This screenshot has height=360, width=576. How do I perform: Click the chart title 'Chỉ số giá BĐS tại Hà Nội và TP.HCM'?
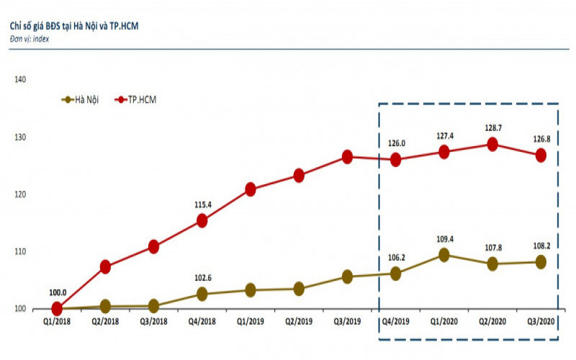tap(73, 26)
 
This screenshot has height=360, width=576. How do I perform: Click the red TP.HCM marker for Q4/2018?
tap(202, 220)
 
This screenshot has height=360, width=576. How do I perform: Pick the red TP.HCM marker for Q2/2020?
tap(492, 144)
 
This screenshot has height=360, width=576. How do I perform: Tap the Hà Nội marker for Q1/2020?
tap(444, 255)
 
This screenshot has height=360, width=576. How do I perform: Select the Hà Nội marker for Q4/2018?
tap(202, 294)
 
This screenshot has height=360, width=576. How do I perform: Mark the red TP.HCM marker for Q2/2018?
tap(105, 266)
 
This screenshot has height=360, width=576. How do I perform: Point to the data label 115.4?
tap(202, 206)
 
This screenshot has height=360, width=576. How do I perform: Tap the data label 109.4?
tap(444, 239)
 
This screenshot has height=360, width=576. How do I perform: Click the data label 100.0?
tap(58, 292)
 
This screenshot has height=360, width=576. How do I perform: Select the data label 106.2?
tap(396, 257)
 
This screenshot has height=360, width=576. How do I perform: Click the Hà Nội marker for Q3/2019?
tap(347, 276)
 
